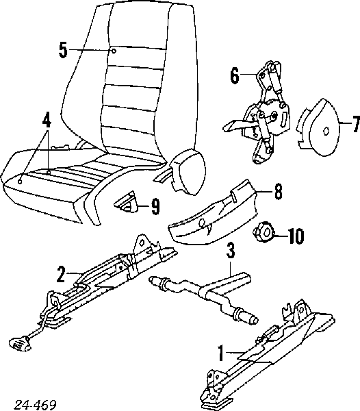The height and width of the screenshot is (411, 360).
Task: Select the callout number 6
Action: (x=235, y=75)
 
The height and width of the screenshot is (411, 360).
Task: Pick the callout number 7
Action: (x=356, y=124)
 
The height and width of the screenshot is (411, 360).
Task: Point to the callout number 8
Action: (x=278, y=192)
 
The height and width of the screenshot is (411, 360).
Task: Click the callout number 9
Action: (x=155, y=207)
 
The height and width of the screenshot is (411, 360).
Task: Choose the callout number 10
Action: (x=296, y=236)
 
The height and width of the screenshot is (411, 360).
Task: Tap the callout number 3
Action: (x=231, y=251)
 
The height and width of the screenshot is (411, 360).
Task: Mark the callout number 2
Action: (x=61, y=275)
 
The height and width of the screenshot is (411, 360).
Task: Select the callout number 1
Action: (x=221, y=353)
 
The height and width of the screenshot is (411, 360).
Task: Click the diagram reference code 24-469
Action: (x=35, y=405)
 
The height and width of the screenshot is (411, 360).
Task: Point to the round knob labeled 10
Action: (x=263, y=232)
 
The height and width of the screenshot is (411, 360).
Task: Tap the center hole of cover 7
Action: (x=326, y=131)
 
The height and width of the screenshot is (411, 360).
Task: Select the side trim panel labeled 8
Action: (x=211, y=213)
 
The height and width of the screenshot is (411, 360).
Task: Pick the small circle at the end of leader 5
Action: (x=114, y=51)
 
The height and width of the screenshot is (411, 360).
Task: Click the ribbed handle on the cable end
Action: (x=19, y=344)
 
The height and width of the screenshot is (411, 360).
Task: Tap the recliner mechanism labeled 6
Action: (x=259, y=114)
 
